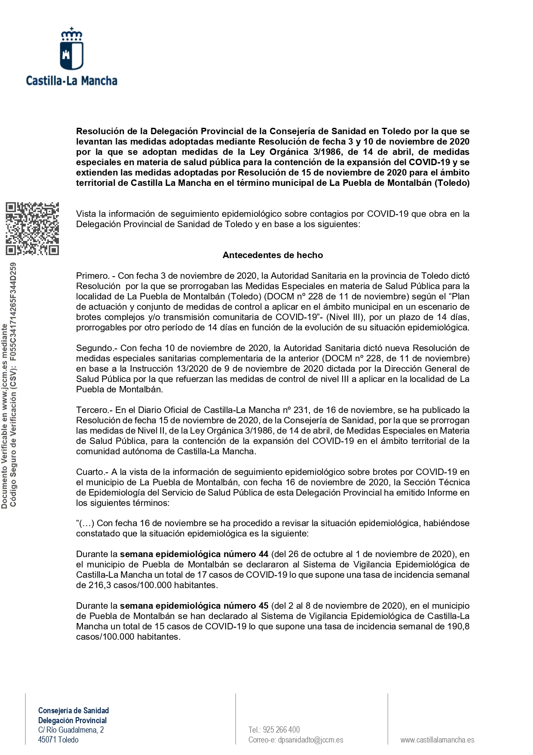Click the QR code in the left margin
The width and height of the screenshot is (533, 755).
tap(32, 228)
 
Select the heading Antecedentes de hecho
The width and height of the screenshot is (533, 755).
tap(273, 255)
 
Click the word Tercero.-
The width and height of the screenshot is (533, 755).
tap(94, 410)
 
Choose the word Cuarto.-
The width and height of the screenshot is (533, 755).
tap(92, 472)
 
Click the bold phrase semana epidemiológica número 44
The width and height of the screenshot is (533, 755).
tap(194, 554)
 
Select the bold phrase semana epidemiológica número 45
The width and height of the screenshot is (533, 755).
tap(194, 606)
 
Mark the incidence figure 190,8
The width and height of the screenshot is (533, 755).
tap(458, 626)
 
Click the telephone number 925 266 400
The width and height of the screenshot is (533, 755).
tap(281, 730)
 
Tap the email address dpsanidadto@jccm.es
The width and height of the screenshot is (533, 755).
tap(310, 740)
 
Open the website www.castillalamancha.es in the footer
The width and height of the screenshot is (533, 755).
tap(437, 740)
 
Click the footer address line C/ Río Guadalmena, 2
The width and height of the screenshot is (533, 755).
tap(71, 730)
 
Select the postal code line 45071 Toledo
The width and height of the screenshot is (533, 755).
tap(58, 740)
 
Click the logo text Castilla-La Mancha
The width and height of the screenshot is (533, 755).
tap(72, 81)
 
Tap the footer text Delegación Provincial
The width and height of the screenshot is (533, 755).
tap(72, 720)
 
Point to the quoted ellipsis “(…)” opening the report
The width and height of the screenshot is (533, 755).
tap(85, 524)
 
